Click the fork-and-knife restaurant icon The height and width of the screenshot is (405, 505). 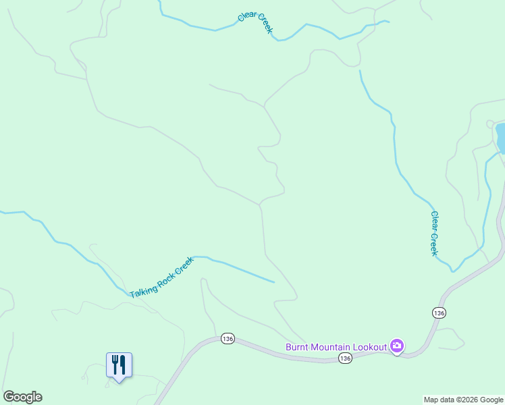point(119,365)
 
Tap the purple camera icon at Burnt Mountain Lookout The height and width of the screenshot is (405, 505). point(397,347)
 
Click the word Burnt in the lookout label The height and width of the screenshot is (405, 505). point(297,348)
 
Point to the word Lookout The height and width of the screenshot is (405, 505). point(371,348)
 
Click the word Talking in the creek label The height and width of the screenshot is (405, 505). point(143,290)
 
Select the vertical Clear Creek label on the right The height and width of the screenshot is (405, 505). point(435,234)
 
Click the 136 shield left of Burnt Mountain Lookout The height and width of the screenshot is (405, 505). point(228,339)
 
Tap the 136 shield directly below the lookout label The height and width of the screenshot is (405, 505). point(345,358)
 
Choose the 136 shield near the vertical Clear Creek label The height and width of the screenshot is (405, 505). point(440,313)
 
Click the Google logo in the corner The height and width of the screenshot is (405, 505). point(22,397)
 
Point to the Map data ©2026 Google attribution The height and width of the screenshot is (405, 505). point(463,400)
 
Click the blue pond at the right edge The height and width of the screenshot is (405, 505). point(500,138)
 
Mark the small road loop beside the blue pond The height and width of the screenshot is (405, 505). point(490,124)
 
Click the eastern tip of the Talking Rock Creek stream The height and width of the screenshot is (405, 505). point(273,281)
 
